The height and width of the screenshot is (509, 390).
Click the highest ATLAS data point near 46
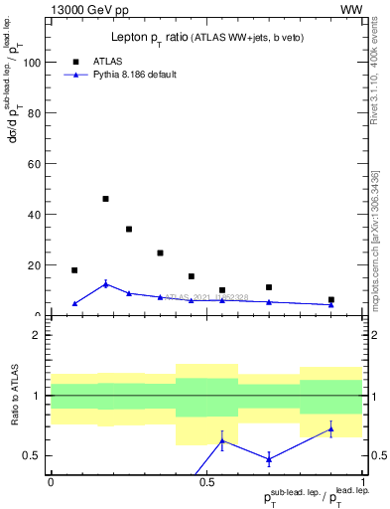coord(105,199)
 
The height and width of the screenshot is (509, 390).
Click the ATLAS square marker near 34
coord(129,229)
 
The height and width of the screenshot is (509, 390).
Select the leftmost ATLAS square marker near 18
coord(74,270)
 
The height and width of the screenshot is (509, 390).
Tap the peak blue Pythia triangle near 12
coord(105,284)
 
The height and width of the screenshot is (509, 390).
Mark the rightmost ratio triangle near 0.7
coord(331,429)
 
